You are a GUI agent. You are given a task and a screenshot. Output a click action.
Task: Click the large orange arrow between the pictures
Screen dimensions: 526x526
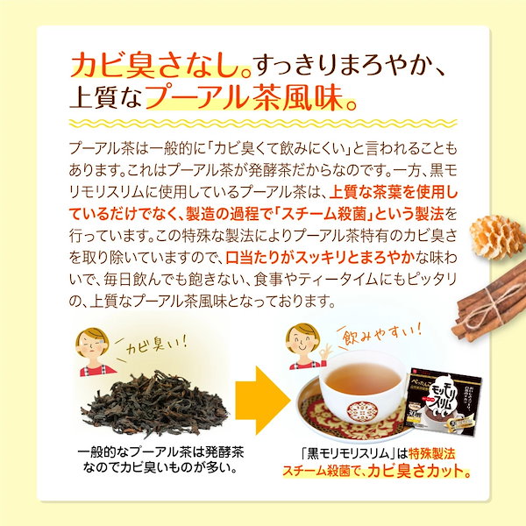click(261, 400)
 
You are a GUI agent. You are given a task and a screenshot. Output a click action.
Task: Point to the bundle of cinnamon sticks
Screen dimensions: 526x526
click(489, 302)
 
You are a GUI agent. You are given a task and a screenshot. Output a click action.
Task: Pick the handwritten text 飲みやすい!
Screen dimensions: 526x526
click(381, 332)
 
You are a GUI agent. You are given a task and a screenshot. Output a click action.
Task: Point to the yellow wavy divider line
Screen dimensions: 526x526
click(263, 123)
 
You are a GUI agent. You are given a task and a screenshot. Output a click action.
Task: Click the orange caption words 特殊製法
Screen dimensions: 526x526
click(431, 453)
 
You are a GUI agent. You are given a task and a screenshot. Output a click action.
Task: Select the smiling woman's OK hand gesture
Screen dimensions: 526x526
click(323, 354)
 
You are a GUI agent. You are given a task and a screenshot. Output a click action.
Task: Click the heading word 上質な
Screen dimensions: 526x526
click(106, 97)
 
